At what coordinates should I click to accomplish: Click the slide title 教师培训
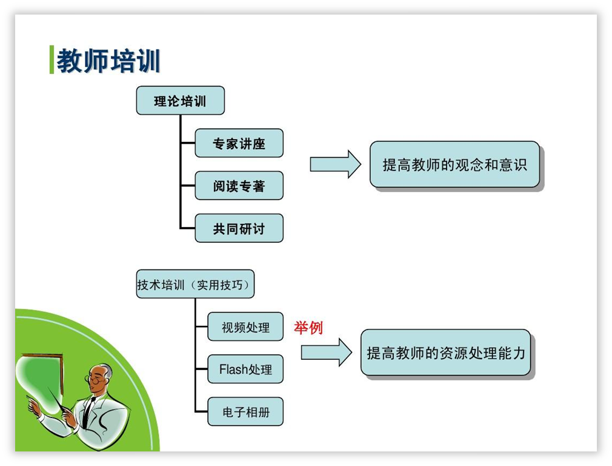[108, 61]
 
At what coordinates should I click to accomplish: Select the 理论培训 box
[181, 101]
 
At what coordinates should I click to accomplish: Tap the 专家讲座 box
[239, 143]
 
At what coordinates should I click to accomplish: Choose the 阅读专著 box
[239, 186]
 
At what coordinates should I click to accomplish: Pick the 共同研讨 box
[239, 228]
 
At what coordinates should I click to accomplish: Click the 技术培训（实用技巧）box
[195, 284]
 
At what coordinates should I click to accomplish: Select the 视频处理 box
[245, 327]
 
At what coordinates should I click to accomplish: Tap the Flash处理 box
[245, 369]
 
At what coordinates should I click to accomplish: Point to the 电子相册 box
[245, 411]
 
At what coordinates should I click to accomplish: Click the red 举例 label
[308, 328]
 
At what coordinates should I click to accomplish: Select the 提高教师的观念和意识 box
[454, 164]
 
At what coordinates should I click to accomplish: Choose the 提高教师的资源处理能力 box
[446, 353]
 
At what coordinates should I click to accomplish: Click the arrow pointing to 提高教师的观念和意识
[335, 164]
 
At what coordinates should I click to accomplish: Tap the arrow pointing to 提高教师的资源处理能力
[326, 353]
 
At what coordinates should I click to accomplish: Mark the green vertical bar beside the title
[52, 59]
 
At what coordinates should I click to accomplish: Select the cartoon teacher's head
[99, 378]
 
